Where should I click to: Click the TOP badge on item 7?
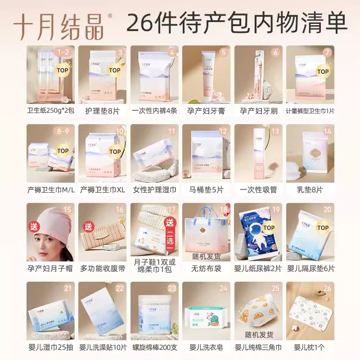(x=322, y=71)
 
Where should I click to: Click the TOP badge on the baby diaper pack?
(x=269, y=228)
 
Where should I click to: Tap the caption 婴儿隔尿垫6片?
(x=310, y=268)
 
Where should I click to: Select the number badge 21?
(x=68, y=288)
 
